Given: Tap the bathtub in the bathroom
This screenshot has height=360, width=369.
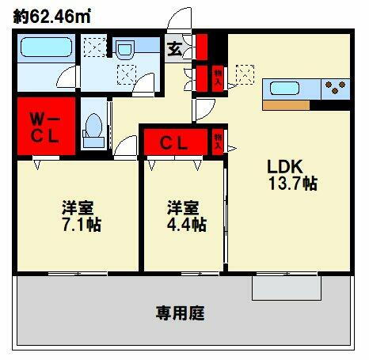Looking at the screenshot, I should coord(46,51).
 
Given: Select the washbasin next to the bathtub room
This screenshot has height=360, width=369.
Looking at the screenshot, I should coord(125,51).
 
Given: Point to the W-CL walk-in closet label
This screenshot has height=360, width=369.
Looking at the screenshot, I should coord(46,126).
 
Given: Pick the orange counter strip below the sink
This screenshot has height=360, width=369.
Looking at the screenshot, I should coord(286,104).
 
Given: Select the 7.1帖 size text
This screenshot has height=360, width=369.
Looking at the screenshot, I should coord(81,225).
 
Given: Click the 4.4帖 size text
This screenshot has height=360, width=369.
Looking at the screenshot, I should coord(187,225).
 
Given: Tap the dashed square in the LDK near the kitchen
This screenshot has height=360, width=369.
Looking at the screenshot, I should coord(246,74).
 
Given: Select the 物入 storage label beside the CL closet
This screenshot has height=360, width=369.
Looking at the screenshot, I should coord(219,142).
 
